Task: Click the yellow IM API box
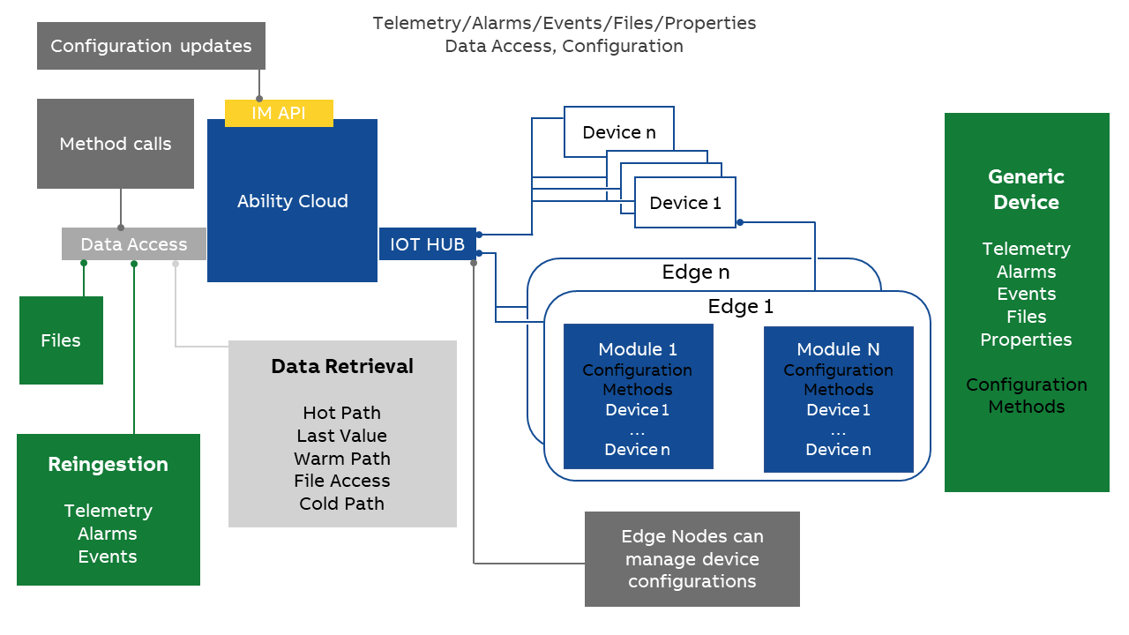[279, 113]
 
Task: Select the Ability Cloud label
[292, 201]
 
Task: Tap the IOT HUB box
[427, 244]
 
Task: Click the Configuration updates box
[151, 46]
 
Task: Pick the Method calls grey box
[116, 144]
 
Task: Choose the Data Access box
[134, 244]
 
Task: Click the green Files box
[61, 340]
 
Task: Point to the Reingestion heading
[108, 465]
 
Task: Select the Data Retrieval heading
[342, 367]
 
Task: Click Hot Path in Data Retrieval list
[342, 413]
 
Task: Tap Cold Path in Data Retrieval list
[342, 504]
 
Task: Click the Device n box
[618, 132]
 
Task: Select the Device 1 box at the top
[684, 203]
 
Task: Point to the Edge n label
[695, 273]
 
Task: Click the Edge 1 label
[740, 307]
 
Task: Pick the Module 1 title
[637, 349]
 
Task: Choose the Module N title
[838, 349]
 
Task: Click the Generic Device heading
[1026, 190]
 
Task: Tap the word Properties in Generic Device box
[1026, 340]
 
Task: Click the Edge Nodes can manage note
[692, 559]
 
